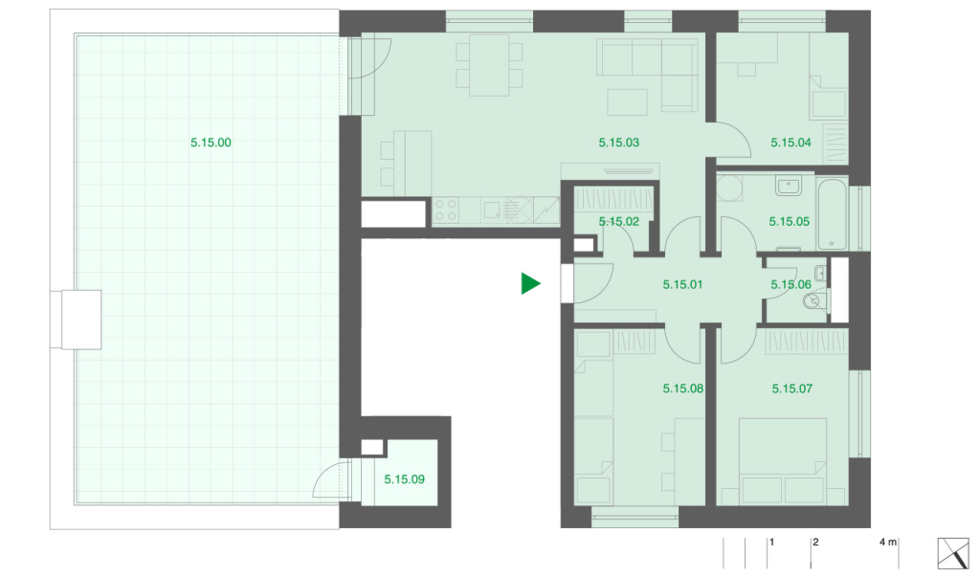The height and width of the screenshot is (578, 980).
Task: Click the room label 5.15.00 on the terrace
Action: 211,143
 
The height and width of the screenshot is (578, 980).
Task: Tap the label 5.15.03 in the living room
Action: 619,143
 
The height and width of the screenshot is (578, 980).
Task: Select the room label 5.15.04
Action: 791,143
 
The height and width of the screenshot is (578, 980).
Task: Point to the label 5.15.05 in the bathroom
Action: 789,221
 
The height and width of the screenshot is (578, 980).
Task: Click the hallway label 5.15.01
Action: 682,284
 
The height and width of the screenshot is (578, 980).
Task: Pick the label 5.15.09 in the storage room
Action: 404,479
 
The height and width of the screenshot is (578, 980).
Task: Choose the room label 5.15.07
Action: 791,389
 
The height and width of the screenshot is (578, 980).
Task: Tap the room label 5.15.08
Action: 683,389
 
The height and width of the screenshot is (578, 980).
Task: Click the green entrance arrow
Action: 530,283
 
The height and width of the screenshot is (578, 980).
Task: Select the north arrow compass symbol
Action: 953,553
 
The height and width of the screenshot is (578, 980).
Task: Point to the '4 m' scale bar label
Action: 887,542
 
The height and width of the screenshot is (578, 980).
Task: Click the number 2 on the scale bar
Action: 815,542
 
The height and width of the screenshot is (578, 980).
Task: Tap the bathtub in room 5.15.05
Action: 832,214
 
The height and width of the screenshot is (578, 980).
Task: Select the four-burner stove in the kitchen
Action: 446,210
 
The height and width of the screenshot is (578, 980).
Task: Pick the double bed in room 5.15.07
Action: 783,462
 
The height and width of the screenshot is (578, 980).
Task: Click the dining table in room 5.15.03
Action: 489,64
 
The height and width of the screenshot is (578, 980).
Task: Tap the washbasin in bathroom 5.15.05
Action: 789,186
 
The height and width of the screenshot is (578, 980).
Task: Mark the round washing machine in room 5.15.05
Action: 729,188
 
